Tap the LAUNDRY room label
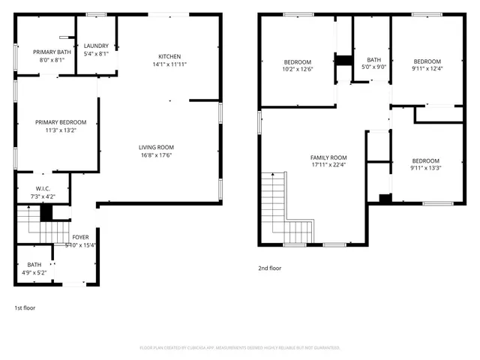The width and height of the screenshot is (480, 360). point(96,46)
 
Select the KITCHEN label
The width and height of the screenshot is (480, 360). point(169,57)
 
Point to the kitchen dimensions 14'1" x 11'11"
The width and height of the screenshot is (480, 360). point(169,64)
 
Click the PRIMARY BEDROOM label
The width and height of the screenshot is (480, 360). point(61,122)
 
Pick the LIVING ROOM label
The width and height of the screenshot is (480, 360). point(156,147)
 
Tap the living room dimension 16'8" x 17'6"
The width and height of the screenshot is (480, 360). point(156,155)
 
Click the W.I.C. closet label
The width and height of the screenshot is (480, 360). point(43,189)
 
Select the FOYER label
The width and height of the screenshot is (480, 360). point(80,237)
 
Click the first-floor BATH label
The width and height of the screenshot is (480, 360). point(34,264)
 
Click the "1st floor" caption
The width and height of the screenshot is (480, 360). point(25,307)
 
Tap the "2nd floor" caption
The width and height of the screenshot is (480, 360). point(270,268)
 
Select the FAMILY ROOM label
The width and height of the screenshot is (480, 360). point(328,157)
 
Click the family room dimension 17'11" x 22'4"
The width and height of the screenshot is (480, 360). point(328,165)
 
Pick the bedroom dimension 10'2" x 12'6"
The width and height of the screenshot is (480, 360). point(298,69)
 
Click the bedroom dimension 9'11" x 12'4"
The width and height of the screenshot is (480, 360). point(427,69)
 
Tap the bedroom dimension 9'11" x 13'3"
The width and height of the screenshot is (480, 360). point(425,168)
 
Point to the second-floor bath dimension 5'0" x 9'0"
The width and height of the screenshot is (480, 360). point(373,67)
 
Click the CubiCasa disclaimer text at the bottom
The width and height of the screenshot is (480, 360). point(240,348)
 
